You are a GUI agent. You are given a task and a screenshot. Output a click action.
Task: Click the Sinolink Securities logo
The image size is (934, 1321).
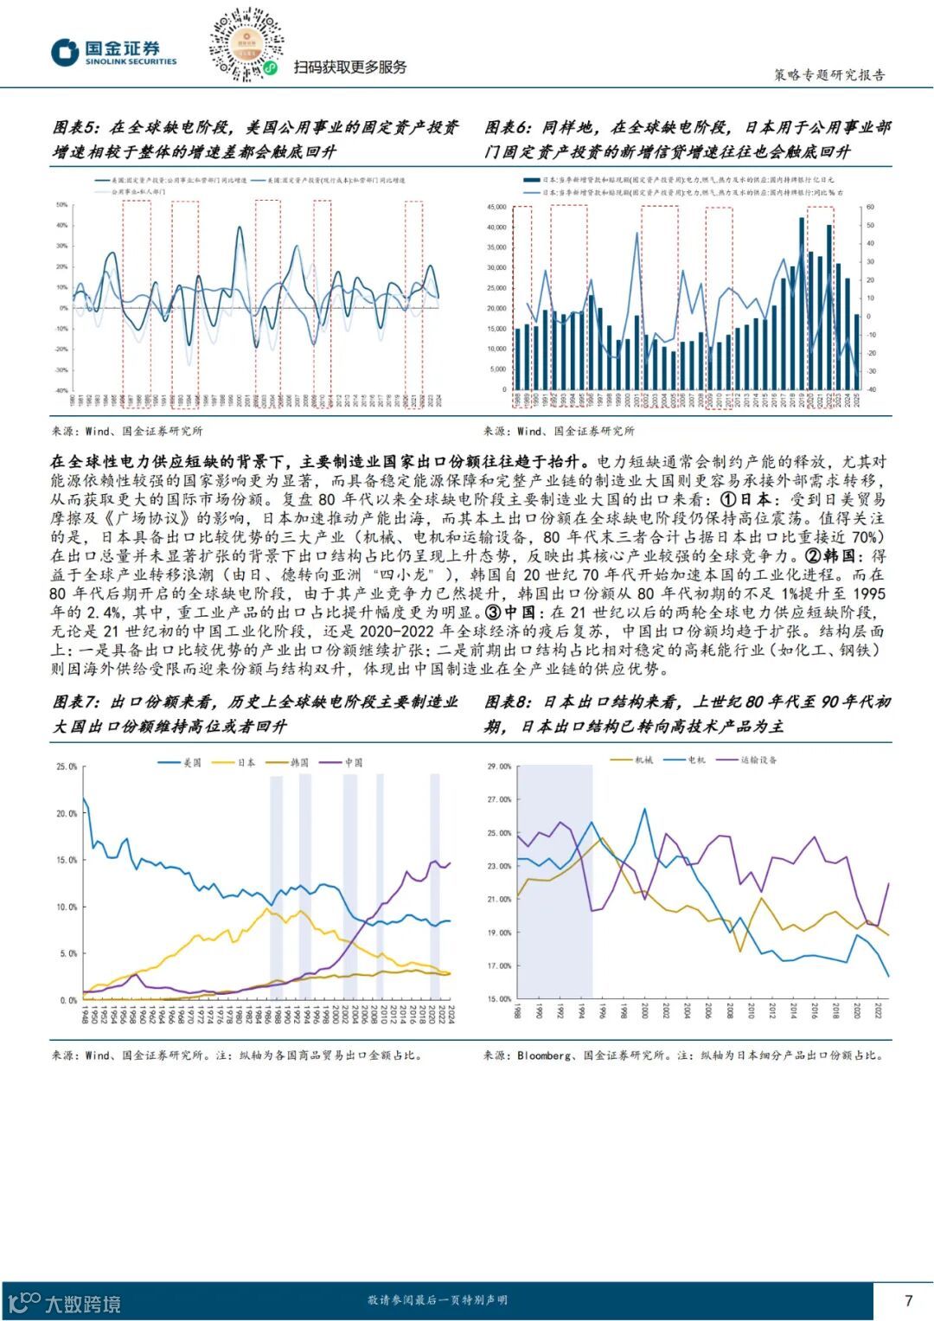113,53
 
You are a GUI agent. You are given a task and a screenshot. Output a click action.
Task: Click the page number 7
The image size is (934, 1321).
908,1299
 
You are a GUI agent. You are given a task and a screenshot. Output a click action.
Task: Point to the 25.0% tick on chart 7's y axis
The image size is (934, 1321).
67,766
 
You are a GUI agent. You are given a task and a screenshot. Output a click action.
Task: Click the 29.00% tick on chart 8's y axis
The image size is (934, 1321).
499,766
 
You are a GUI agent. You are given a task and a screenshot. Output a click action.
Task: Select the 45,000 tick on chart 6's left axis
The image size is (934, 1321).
496,207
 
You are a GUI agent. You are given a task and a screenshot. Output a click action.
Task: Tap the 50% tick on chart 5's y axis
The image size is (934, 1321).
62,205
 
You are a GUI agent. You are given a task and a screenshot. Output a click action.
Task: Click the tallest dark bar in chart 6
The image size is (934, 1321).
802,303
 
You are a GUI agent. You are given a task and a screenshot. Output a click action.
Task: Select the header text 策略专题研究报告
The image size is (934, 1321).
828,74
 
